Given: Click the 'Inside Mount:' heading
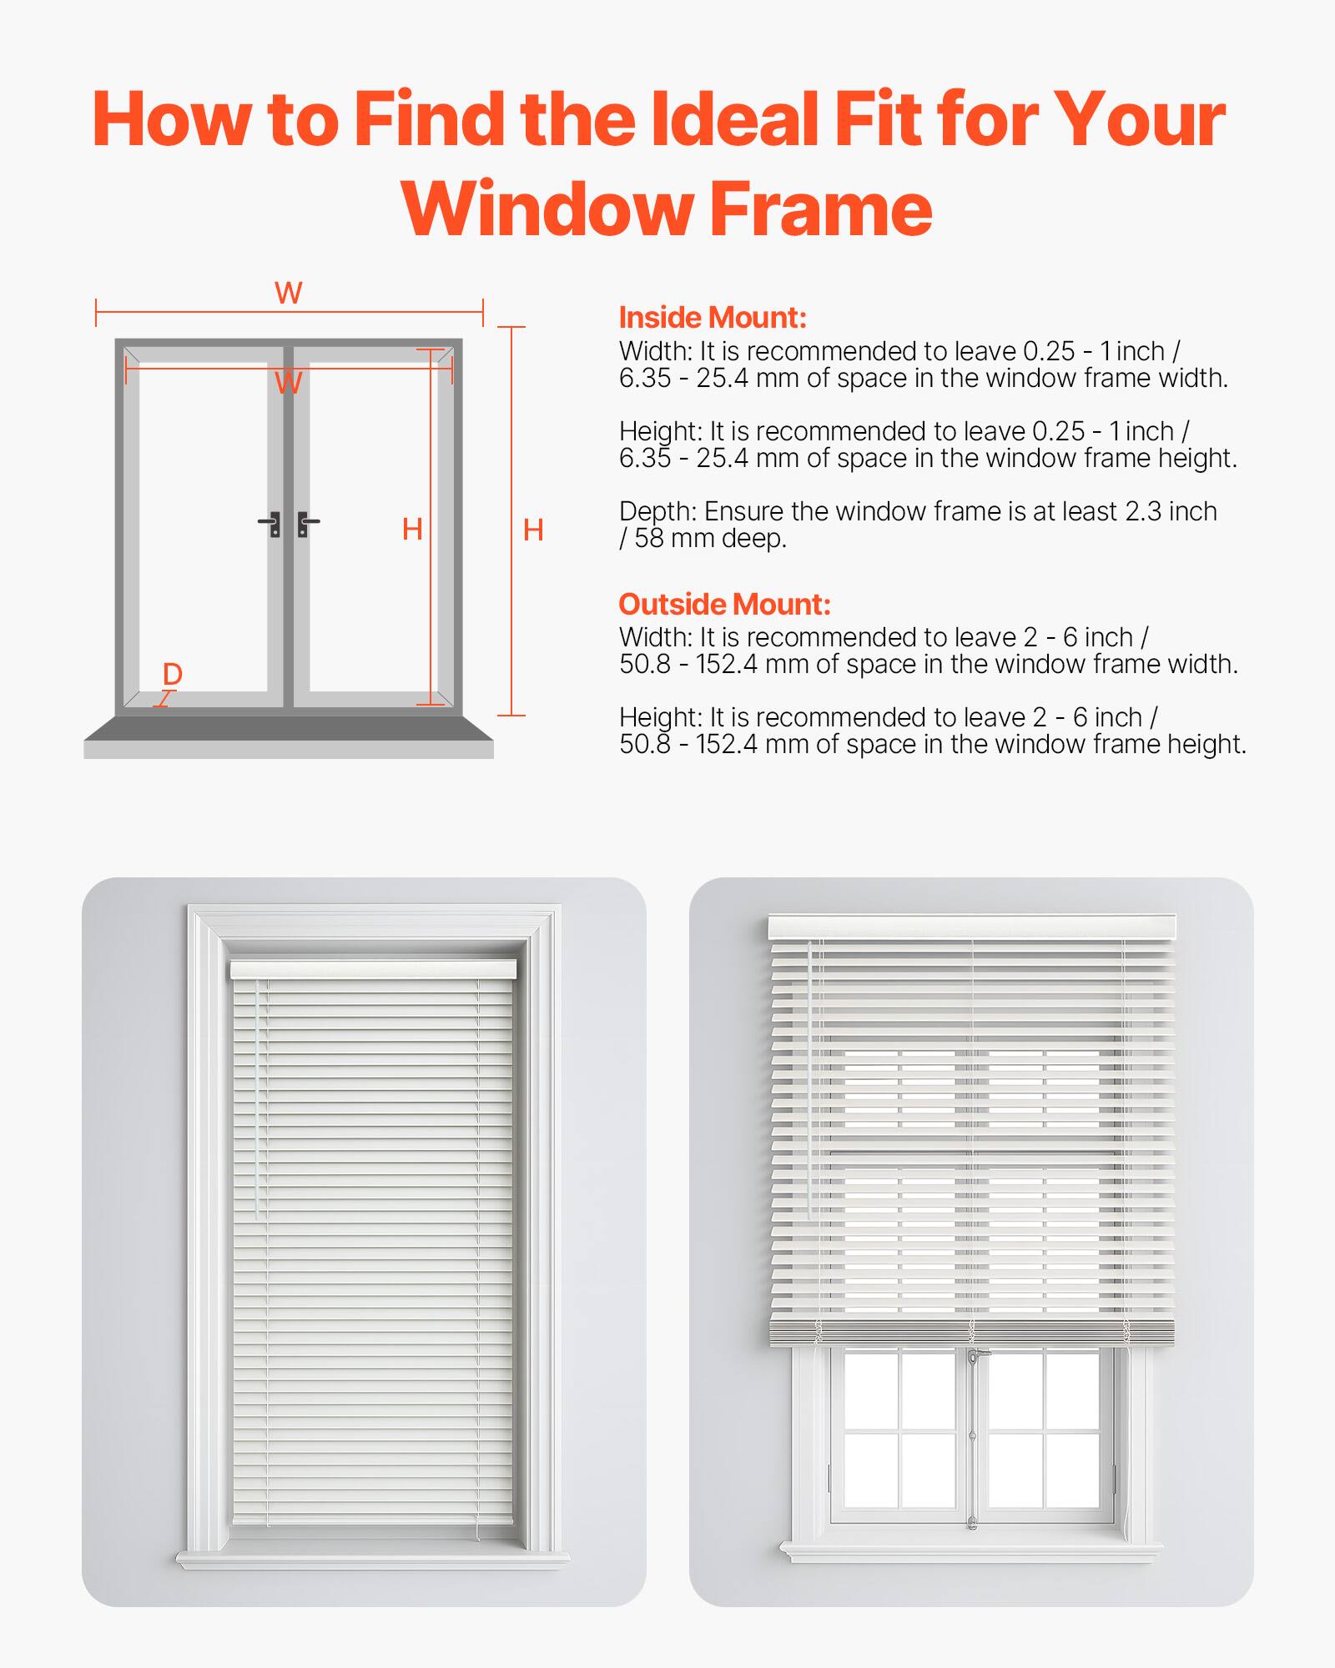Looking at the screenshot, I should [712, 318].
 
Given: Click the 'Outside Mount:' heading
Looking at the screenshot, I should [724, 604].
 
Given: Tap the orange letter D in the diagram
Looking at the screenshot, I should [173, 674].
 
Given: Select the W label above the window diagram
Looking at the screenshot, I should [289, 293].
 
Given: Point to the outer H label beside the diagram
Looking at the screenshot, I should [533, 530].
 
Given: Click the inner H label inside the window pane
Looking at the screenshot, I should [412, 529].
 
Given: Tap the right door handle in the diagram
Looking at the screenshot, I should [306, 525].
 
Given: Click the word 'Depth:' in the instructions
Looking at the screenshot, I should [657, 511].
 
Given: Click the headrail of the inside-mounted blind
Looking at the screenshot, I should [373, 969].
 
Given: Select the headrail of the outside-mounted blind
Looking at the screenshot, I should [971, 927].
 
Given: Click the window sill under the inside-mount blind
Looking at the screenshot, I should [373, 1559].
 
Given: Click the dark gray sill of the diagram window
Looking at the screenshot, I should [289, 728].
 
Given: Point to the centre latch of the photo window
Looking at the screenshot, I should [973, 1359].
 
